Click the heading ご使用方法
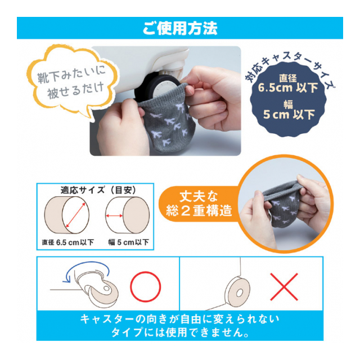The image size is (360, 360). coord(180,28)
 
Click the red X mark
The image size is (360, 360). coord(284,287)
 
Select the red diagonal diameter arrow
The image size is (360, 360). coord(75,215)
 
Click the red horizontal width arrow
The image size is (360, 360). coord(114,215)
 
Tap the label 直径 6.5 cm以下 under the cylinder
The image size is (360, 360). coord(67,242)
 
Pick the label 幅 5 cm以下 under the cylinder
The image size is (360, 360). coord(129,242)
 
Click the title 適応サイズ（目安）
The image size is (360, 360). coord(98,190)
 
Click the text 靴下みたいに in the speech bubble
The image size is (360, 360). coord(71,75)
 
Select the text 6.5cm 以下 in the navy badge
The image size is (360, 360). coord(288,88)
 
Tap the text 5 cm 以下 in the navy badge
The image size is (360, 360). coord(289,114)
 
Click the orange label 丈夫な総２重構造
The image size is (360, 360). coord(199,204)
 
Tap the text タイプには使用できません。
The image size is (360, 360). coord(180,332)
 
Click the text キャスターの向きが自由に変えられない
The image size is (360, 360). coord(180,319)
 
